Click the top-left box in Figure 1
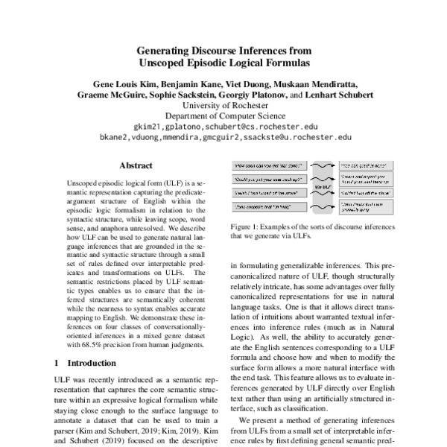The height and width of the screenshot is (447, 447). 267,166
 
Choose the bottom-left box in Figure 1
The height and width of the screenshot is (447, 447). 267,205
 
